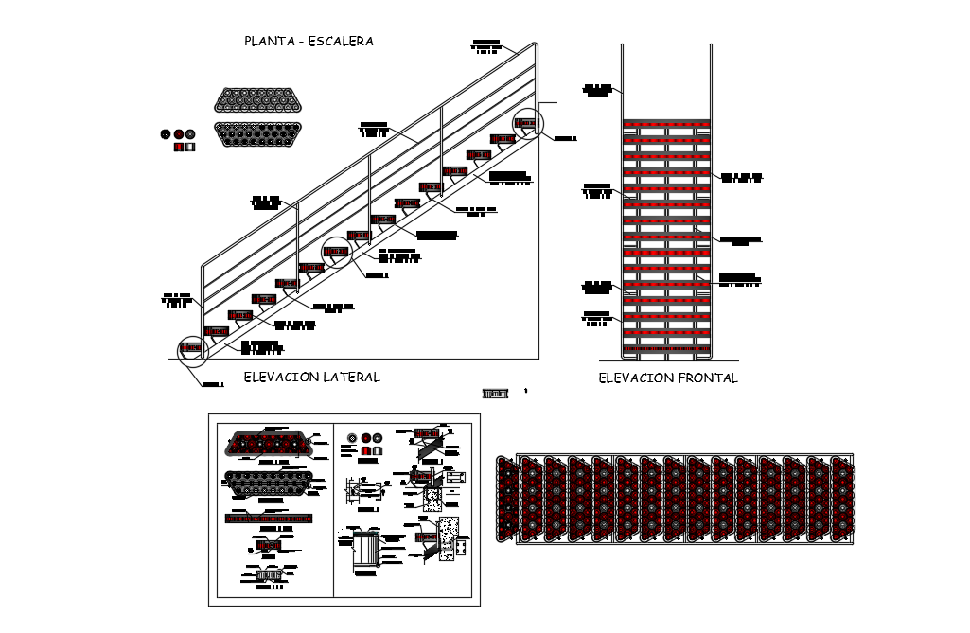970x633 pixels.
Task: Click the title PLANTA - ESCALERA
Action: click(309, 41)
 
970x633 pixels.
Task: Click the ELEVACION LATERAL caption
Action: click(311, 377)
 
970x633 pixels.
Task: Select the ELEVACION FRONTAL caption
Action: click(668, 378)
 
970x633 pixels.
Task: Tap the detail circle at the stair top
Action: click(528, 124)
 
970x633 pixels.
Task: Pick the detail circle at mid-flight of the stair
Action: click(337, 251)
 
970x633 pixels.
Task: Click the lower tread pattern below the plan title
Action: click(257, 134)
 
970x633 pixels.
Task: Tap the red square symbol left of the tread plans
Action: click(177, 148)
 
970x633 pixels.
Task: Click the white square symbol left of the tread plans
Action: click(189, 148)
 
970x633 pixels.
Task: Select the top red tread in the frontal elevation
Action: click(666, 123)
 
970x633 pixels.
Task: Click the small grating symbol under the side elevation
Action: click(496, 393)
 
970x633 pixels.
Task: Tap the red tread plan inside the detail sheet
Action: click(264, 443)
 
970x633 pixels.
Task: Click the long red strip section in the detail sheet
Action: click(269, 518)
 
